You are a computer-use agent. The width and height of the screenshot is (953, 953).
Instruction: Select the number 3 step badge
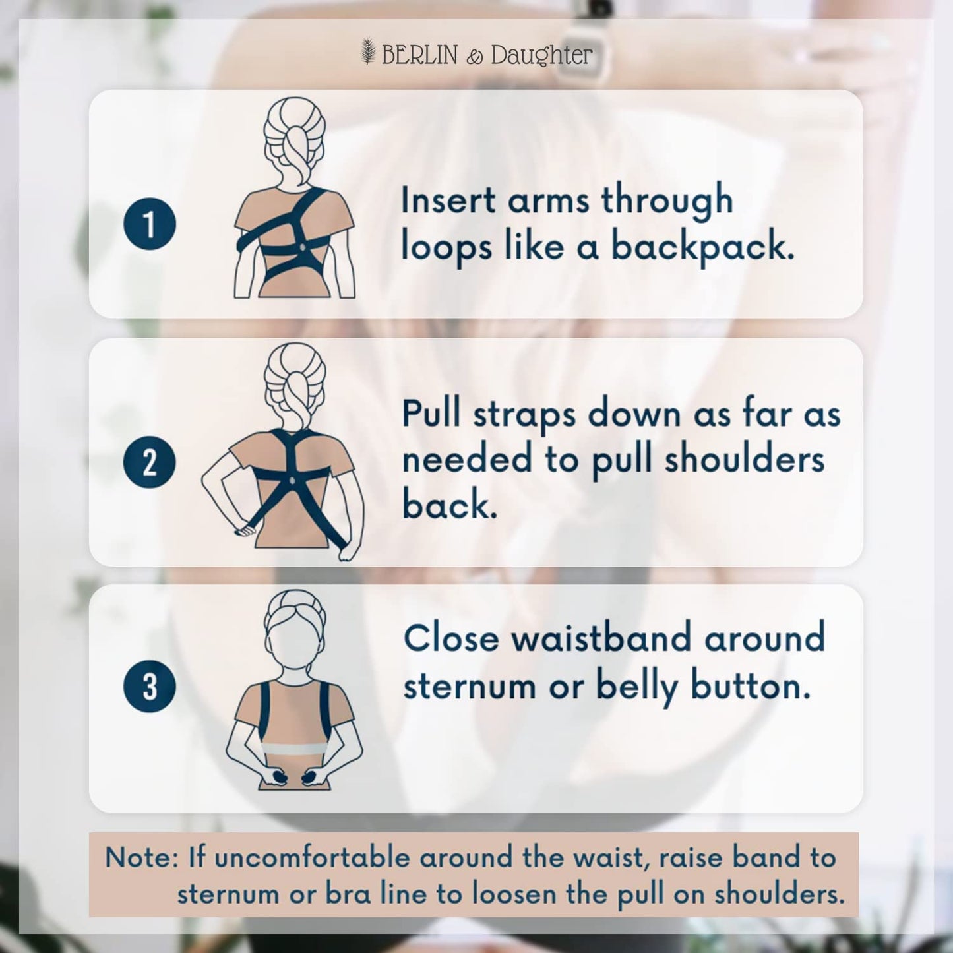150,686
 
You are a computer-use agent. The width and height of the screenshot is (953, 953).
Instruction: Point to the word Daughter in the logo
541,55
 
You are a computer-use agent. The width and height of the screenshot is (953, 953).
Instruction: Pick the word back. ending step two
449,505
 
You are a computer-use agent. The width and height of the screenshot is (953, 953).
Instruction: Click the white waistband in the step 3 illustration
294,749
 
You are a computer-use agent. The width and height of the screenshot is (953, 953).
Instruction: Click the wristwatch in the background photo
574,53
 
